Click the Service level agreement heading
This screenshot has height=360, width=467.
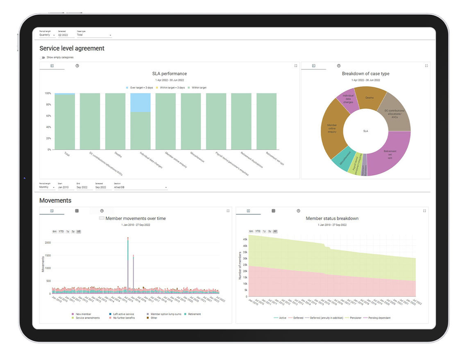72,48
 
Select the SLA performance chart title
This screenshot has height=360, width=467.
170,74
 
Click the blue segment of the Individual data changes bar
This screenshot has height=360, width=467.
140,102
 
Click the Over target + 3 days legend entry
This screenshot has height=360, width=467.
141,88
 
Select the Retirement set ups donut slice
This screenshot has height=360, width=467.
389,154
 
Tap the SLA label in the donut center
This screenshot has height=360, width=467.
366,131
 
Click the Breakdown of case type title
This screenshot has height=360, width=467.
365,74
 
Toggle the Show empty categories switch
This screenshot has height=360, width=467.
43,57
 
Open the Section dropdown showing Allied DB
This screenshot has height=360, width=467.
141,188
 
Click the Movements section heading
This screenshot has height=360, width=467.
55,200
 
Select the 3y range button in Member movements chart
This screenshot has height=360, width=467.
73,231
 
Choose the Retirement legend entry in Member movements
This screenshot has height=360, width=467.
194,314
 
